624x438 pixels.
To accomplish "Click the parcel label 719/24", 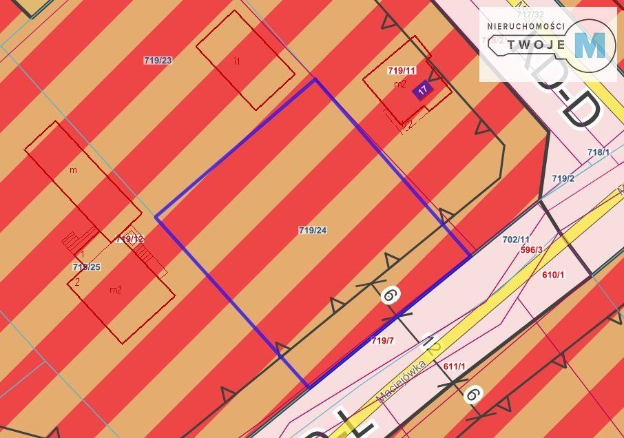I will pos(313,230).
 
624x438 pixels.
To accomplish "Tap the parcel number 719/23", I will pos(158,61).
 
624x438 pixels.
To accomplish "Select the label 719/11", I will pos(402,70).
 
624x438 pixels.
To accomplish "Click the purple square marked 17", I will pos(422,90).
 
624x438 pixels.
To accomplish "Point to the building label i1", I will pos(237,61).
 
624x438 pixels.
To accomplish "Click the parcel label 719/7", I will pos(383,341).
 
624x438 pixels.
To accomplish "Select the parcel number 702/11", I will pos(516,239).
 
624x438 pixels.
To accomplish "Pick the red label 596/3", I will pos(532,249).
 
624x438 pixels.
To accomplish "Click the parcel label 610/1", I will pos(553,275).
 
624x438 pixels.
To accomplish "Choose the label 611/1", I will pos(455,366).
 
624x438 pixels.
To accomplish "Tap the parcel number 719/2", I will pos(563,178).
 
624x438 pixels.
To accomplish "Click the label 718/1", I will pos(599,152).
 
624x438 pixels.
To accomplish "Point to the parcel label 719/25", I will pos(87,267).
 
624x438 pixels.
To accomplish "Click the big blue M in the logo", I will pos(590,45).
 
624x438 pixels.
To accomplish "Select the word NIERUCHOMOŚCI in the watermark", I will pos(526,26).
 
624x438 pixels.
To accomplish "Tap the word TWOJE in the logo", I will pos(537,45).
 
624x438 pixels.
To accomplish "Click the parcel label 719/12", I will pos(130,239).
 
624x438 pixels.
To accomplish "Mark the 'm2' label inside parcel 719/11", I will pos(399,83).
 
